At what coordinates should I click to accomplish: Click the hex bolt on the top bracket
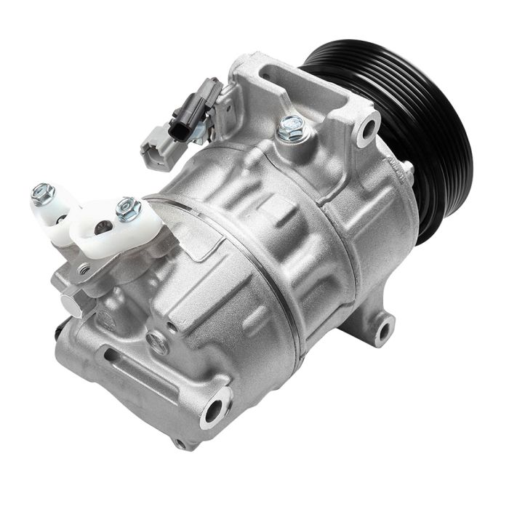coord(292,128)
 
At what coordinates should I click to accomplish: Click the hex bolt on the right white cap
coord(128,209)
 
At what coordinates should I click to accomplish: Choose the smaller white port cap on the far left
coord(55,211)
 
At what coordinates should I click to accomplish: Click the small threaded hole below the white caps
coord(86,270)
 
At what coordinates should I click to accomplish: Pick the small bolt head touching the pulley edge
coord(408,170)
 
